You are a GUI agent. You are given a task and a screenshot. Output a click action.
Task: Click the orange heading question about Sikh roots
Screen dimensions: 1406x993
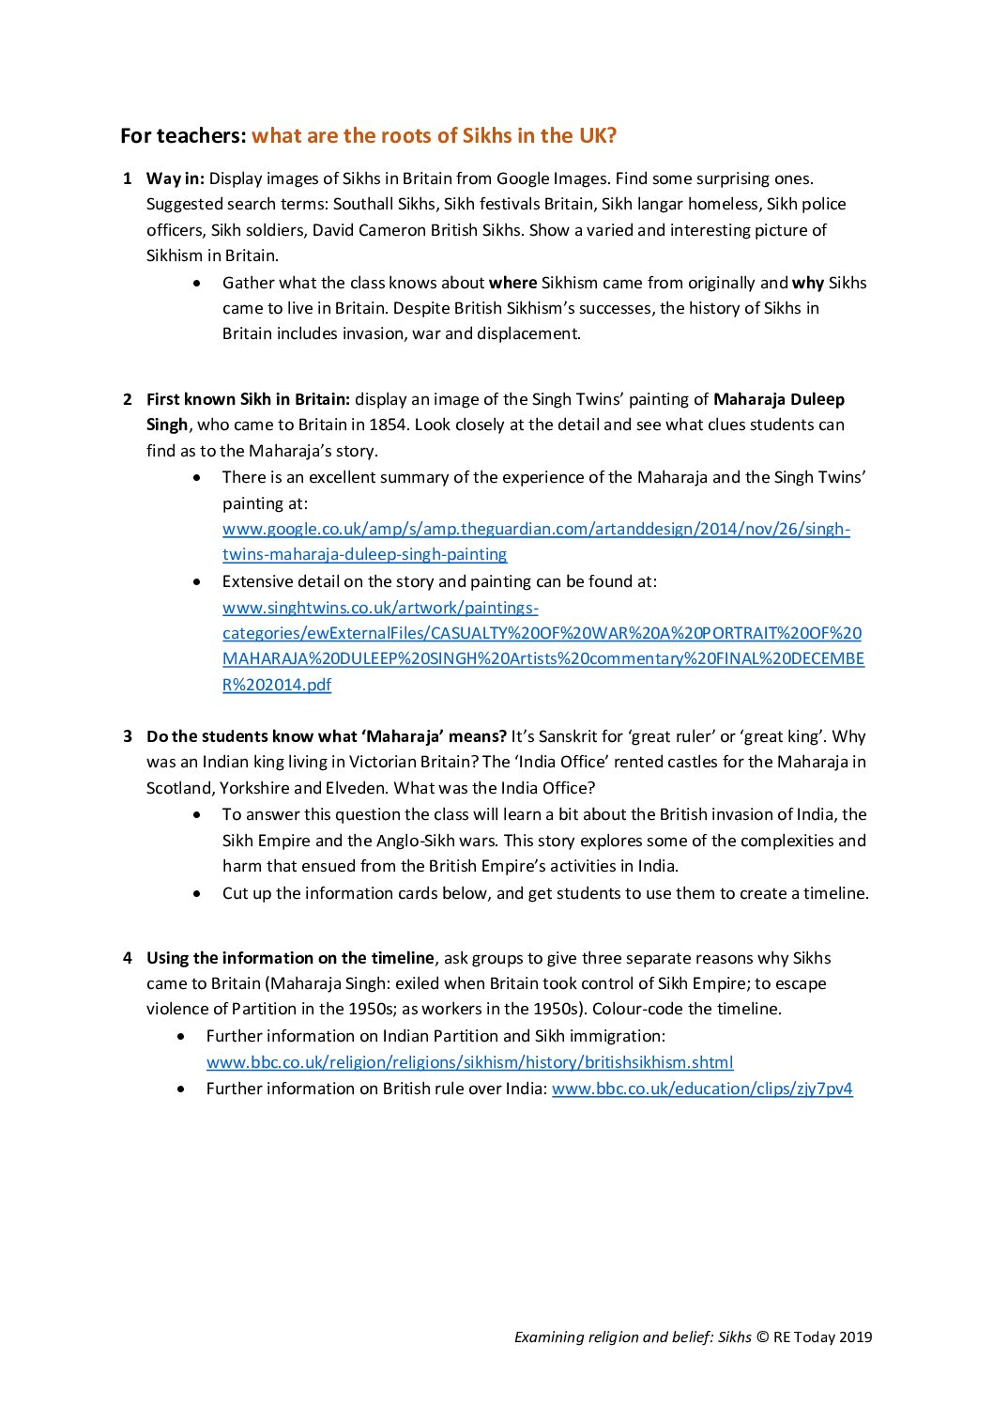(x=434, y=135)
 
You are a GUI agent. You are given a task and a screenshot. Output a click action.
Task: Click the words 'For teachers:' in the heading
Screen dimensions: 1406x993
(x=183, y=135)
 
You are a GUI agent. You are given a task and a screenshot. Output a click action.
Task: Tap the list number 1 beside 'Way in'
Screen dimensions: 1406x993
(x=127, y=178)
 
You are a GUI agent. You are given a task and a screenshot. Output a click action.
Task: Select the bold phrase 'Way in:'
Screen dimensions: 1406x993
(x=176, y=178)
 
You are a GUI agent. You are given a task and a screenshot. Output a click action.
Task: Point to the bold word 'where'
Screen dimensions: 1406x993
(x=512, y=283)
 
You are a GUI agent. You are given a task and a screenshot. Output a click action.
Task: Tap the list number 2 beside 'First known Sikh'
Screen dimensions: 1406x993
(x=127, y=399)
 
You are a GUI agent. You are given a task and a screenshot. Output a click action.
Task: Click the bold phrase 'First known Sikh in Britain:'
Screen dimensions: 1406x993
(x=248, y=399)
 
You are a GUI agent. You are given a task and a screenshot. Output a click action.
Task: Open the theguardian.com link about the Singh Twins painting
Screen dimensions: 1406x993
(x=536, y=529)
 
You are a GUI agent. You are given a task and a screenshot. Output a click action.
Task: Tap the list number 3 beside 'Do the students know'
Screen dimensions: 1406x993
(x=127, y=736)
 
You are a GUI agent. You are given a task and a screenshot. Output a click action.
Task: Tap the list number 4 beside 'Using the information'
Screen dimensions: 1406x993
(x=127, y=958)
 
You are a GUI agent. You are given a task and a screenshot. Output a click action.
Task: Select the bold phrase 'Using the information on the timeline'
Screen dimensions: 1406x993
(x=290, y=958)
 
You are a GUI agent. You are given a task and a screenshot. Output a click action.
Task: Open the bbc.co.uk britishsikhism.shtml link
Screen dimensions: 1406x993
(x=469, y=1062)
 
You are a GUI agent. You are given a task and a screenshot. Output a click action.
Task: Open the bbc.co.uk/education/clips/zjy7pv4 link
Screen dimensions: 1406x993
(x=702, y=1089)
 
